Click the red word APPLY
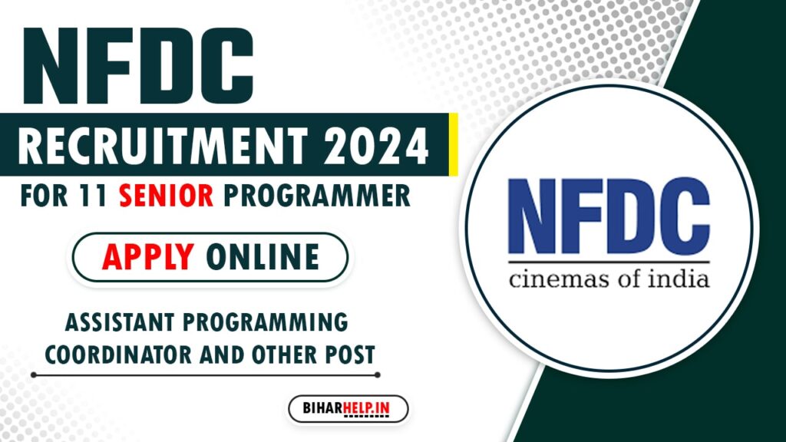(x=147, y=258)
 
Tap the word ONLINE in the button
(x=263, y=258)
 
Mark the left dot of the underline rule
(x=33, y=375)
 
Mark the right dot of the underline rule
(x=378, y=375)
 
